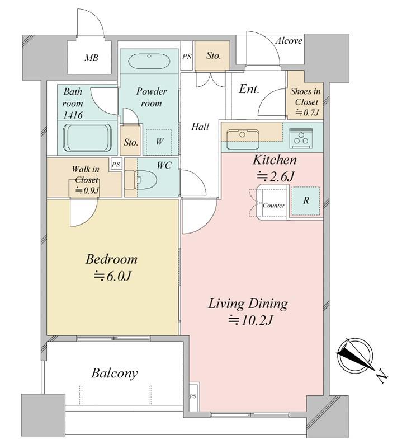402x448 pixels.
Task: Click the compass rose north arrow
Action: (356, 355)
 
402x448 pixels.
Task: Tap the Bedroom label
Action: (111, 260)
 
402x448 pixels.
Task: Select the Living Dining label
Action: (248, 304)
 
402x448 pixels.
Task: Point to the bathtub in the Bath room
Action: (88, 138)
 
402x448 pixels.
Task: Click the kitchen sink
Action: (243, 139)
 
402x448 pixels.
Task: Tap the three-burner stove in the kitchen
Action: (301, 138)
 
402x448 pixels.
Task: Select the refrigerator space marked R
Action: (306, 200)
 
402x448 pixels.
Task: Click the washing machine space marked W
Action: (159, 142)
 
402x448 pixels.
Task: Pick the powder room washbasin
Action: (149, 61)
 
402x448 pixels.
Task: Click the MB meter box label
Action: (91, 58)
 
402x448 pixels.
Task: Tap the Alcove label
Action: (289, 41)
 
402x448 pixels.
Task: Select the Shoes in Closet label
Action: (305, 97)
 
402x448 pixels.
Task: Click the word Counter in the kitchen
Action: (274, 205)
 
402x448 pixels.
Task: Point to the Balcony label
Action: (115, 374)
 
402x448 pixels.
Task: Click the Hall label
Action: (200, 127)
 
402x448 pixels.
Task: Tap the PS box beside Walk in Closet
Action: (116, 165)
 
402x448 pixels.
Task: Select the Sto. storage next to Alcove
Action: (213, 55)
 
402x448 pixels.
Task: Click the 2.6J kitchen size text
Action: (275, 177)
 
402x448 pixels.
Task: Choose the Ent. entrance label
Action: (249, 89)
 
